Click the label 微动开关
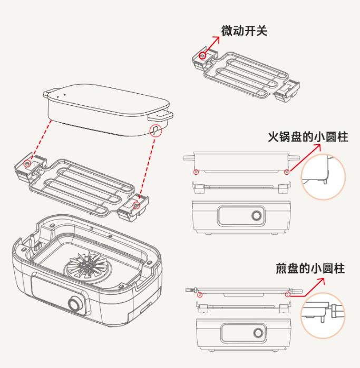point(244,31)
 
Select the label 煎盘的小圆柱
point(310,268)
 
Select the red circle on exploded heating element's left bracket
point(27,164)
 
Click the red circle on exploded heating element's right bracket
point(137,204)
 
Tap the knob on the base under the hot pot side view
point(257,216)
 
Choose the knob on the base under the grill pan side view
point(258,333)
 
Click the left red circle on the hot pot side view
point(196,171)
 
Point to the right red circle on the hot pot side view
point(286,171)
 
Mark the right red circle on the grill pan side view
point(287,295)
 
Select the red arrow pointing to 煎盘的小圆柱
point(314,287)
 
